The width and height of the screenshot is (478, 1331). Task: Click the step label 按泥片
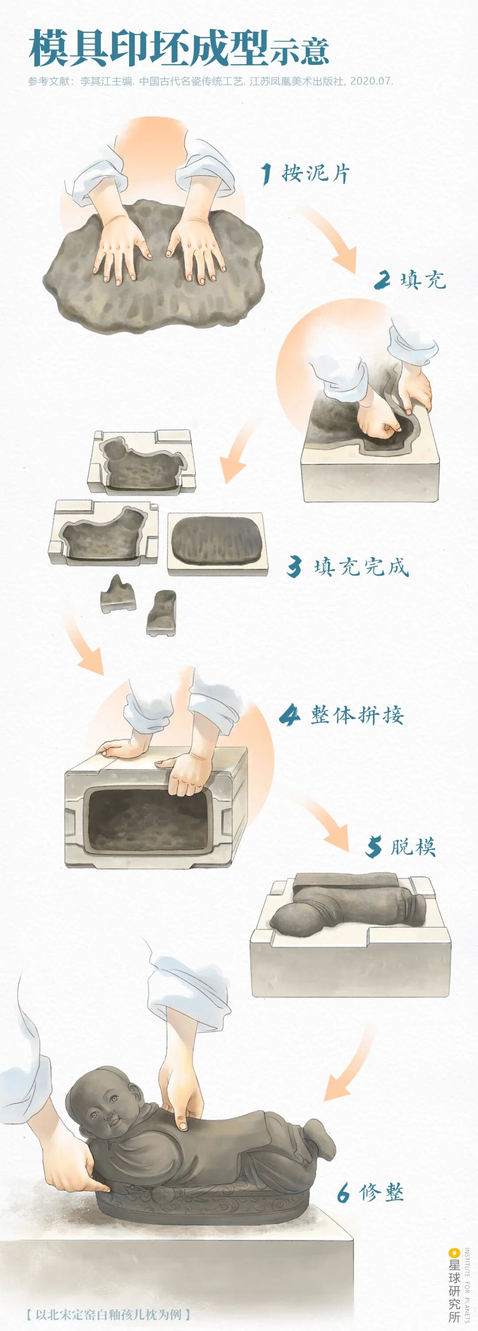point(316,173)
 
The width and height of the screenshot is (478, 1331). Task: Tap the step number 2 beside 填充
point(382,280)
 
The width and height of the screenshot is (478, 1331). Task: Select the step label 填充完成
point(361,567)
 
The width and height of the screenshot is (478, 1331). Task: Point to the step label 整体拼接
point(357,715)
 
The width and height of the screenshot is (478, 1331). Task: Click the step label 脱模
point(413,847)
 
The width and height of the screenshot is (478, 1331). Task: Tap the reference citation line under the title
point(210,81)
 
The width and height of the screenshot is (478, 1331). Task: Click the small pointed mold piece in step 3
point(118,594)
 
